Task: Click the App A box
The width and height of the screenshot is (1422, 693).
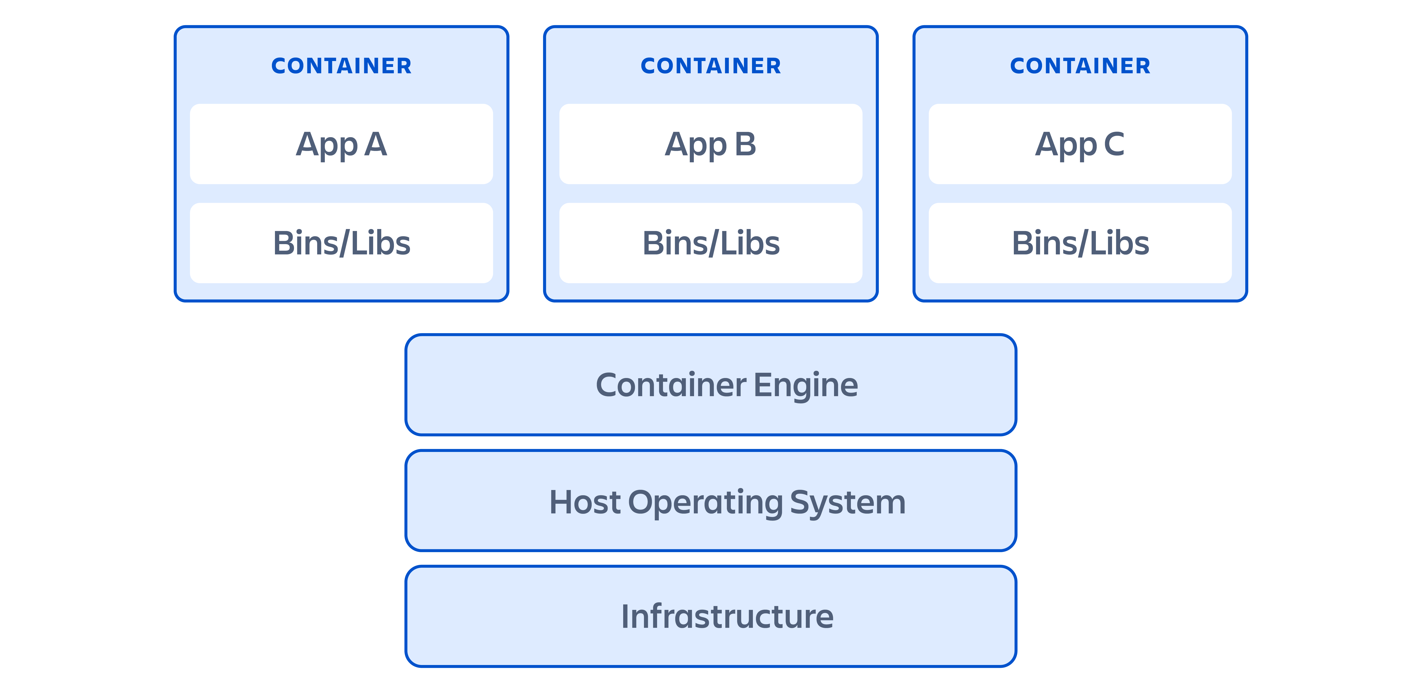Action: [341, 144]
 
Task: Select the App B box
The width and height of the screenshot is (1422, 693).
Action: [710, 144]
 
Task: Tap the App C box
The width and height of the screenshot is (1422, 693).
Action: [1080, 144]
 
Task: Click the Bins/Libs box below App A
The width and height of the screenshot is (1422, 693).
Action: [341, 243]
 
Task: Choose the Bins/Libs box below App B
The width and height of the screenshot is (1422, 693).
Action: [710, 243]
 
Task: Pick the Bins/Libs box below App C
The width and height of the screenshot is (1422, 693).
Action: [1080, 243]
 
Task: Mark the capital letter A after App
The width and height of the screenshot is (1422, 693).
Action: [375, 144]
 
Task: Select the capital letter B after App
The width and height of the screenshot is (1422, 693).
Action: [745, 144]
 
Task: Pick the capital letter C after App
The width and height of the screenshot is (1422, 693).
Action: [1114, 144]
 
